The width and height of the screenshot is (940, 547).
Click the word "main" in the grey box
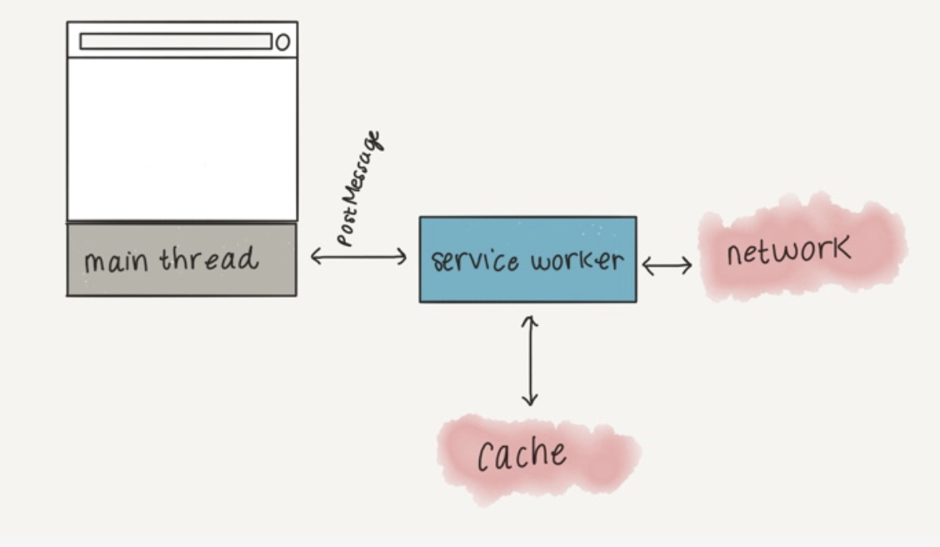point(117,261)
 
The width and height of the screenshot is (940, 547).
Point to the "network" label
point(788,250)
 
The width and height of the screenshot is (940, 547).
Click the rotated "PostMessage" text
point(360,189)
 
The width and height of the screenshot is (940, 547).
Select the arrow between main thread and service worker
point(358,257)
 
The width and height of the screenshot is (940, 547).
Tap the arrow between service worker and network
point(667,266)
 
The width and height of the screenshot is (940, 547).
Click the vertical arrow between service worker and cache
point(529,360)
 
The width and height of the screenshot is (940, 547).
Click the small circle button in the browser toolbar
point(282,42)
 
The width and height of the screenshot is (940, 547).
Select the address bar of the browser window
point(176,42)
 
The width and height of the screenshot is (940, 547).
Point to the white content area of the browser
point(182,138)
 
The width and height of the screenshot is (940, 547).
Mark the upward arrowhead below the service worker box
point(529,320)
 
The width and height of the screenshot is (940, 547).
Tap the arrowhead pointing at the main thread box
point(316,257)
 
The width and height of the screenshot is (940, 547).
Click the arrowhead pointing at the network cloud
point(687,266)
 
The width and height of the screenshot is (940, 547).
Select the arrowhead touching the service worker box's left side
point(402,257)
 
